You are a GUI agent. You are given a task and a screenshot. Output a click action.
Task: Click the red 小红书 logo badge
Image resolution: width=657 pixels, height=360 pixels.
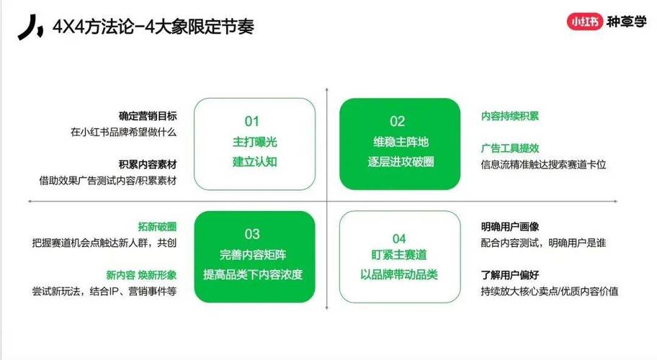pyautogui.click(x=584, y=22)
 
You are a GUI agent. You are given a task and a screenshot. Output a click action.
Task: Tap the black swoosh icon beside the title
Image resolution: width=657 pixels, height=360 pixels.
pyautogui.click(x=30, y=27)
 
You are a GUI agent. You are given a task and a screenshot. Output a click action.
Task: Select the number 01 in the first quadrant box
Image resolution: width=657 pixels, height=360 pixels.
pyautogui.click(x=252, y=122)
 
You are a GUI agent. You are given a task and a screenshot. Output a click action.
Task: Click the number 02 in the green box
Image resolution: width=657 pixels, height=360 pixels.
pyautogui.click(x=397, y=122)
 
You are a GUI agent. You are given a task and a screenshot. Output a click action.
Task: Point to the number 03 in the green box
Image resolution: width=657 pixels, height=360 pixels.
pyautogui.click(x=252, y=234)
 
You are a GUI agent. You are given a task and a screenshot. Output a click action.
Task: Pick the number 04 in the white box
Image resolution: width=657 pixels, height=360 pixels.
pyautogui.click(x=399, y=238)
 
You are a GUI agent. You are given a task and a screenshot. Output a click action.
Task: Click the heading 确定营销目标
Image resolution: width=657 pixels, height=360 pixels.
pyautogui.click(x=148, y=116)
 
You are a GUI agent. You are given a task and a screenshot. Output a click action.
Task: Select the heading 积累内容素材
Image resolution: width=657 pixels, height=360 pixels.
pyautogui.click(x=148, y=164)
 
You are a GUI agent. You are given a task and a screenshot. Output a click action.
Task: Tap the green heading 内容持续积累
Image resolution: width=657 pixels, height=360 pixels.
pyautogui.click(x=510, y=116)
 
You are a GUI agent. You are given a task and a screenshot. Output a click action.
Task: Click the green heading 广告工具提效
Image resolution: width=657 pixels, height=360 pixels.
pyautogui.click(x=510, y=148)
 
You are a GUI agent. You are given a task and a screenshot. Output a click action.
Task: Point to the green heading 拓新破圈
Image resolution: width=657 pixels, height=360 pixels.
pyautogui.click(x=157, y=227)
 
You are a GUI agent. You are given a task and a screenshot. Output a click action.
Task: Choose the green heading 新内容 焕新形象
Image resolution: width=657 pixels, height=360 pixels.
pyautogui.click(x=141, y=275)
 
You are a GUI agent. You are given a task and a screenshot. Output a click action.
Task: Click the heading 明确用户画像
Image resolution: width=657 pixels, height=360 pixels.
pyautogui.click(x=510, y=227)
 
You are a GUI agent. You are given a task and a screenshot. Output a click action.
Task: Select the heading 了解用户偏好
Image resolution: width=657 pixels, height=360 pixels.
pyautogui.click(x=510, y=275)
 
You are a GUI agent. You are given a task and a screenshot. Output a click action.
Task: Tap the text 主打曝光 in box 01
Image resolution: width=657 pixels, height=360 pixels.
pyautogui.click(x=255, y=142)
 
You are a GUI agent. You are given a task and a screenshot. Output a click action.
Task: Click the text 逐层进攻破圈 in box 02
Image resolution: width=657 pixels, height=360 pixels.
pyautogui.click(x=401, y=161)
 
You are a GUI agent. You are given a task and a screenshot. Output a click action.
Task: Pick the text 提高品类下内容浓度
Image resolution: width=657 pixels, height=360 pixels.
pyautogui.click(x=253, y=274)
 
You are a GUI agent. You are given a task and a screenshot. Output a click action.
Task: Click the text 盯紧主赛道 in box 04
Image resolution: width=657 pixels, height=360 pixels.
pyautogui.click(x=399, y=254)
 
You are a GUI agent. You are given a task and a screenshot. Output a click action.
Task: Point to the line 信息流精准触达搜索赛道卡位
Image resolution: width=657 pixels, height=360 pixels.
pyautogui.click(x=543, y=164)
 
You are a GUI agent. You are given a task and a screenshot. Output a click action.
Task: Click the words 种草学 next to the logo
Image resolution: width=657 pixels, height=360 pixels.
pyautogui.click(x=627, y=22)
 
